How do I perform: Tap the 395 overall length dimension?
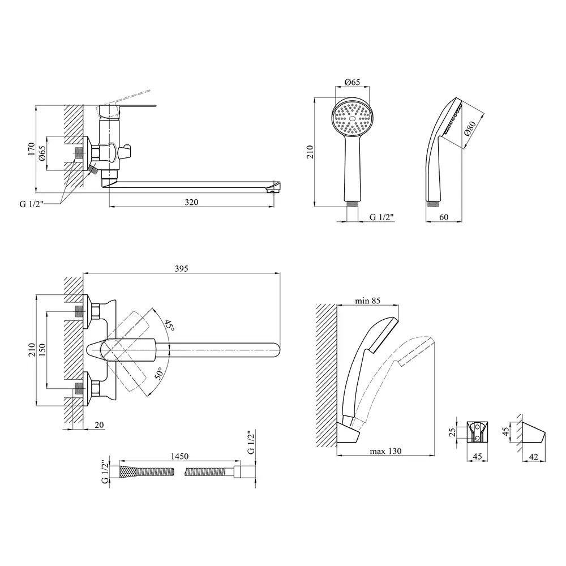pyautogui.click(x=181, y=268)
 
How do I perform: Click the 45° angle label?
pyautogui.click(x=169, y=326)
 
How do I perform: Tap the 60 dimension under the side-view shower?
pyautogui.click(x=444, y=217)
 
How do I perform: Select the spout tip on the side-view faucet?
pyautogui.click(x=274, y=186)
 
